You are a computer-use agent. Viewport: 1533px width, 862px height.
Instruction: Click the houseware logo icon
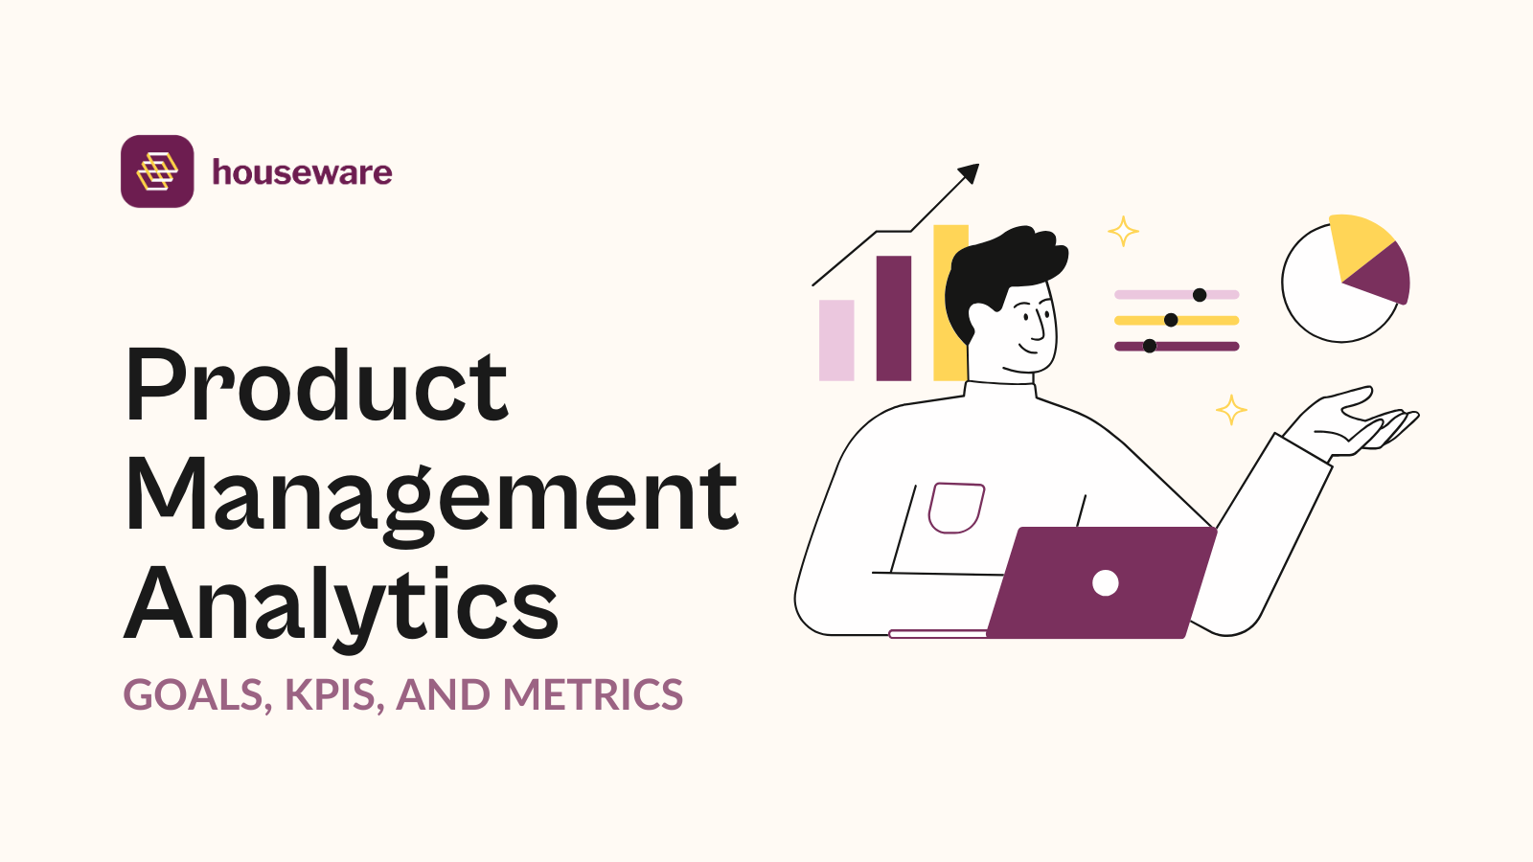point(157,171)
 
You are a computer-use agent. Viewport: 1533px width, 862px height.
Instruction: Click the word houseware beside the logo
point(302,172)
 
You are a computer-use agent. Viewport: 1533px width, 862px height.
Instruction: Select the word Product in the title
point(316,385)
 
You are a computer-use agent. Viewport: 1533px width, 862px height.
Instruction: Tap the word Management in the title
point(431,496)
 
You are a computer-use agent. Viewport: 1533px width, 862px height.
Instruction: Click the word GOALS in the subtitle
point(193,695)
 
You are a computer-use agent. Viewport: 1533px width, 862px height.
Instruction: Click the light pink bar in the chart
point(836,340)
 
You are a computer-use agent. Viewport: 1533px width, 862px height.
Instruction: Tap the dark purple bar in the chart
point(894,318)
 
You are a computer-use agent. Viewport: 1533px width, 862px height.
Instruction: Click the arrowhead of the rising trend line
point(970,173)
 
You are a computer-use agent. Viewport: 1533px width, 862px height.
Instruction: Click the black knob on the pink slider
point(1200,295)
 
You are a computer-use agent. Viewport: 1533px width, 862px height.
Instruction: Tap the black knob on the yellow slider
point(1171,320)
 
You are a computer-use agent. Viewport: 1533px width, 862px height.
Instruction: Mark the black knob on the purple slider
point(1150,346)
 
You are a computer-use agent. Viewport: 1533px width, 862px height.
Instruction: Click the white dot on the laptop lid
point(1106,582)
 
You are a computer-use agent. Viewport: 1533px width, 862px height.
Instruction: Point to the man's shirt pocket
point(955,507)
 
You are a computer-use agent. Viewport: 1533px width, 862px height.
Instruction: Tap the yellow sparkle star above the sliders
point(1123,231)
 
